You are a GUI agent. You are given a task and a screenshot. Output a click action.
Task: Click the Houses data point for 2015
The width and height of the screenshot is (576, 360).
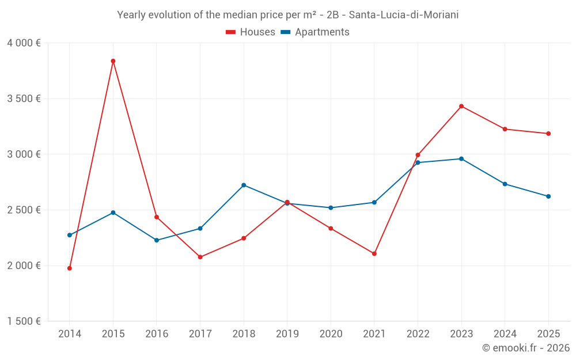[x=113, y=61]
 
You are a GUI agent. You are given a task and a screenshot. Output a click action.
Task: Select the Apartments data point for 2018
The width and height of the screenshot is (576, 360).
[x=244, y=185]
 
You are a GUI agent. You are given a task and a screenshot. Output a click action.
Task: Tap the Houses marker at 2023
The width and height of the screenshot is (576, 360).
[x=461, y=106]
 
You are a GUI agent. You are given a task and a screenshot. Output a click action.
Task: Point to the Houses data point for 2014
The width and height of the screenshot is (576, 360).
[x=70, y=268]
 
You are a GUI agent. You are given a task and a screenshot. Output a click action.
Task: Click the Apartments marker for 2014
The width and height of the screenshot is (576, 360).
[x=70, y=235]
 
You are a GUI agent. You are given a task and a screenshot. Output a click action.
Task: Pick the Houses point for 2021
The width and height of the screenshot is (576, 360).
[x=374, y=253]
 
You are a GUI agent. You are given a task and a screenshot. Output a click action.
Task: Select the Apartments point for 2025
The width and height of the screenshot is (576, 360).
[x=548, y=196]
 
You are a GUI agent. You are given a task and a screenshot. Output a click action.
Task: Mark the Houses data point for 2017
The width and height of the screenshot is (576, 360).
[x=200, y=257]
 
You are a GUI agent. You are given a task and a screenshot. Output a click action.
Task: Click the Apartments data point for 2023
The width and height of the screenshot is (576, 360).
[x=461, y=159]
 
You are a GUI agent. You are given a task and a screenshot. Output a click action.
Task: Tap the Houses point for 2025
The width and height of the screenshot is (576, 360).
[x=548, y=134]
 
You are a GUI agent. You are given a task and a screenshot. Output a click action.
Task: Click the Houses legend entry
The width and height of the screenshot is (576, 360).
[x=251, y=32]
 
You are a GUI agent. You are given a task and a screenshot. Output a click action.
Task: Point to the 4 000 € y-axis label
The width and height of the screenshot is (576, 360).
[x=24, y=43]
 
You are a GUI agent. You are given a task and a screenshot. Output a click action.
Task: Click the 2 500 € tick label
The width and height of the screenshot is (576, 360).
[x=24, y=210]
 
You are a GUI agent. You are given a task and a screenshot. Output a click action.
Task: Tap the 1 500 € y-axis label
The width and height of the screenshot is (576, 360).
[x=24, y=321]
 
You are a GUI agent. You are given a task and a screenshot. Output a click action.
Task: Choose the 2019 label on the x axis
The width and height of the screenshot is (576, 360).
[x=287, y=334]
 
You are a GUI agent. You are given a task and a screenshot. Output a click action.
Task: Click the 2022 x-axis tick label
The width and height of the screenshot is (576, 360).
[x=418, y=334]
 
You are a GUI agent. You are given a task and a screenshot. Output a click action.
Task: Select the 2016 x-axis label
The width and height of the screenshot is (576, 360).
[x=157, y=334]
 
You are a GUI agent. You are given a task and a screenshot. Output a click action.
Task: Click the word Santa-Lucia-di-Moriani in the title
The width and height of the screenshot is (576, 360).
[x=404, y=15]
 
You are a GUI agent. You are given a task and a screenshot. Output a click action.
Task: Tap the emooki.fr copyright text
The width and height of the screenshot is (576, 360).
[x=526, y=348]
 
